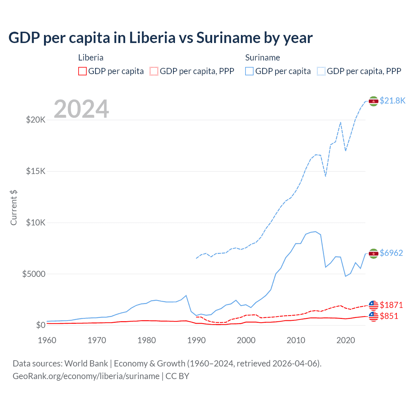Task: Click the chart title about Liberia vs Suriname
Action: (x=160, y=38)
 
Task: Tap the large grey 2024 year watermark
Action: (x=81, y=109)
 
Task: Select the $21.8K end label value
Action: (x=392, y=101)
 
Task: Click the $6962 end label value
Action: (x=391, y=253)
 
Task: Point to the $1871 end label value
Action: (x=391, y=305)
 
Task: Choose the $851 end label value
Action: (x=389, y=316)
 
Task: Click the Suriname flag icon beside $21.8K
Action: (x=374, y=101)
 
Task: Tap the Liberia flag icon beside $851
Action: (x=374, y=317)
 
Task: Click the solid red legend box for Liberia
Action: (x=82, y=71)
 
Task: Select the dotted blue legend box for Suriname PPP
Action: (x=321, y=71)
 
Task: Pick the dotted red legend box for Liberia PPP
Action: (x=154, y=71)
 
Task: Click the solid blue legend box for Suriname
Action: (x=249, y=71)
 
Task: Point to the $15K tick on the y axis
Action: (x=36, y=171)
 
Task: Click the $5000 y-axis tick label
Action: (x=34, y=274)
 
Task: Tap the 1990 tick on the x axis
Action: (x=196, y=340)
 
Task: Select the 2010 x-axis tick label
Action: (x=296, y=340)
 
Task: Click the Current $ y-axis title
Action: (x=14, y=208)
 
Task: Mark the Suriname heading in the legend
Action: (x=262, y=58)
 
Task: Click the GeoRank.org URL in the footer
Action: (x=86, y=376)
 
